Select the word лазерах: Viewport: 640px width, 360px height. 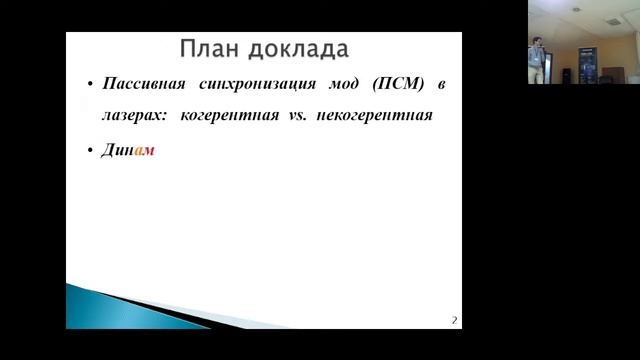pos(134,115)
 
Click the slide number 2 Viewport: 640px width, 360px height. pos(453,320)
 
